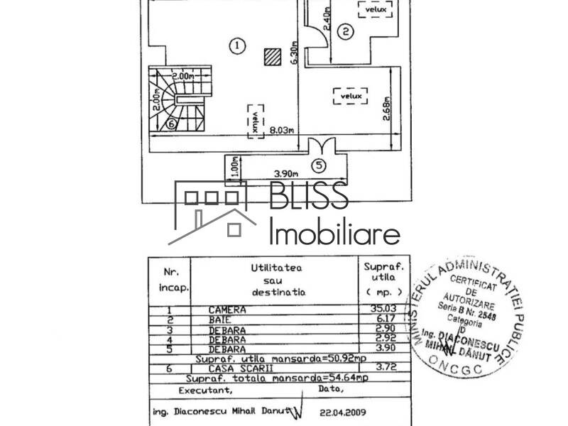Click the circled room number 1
pos(237,45)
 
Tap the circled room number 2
pos(345,31)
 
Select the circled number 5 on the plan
pos(319,166)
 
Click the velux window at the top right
pos(373,10)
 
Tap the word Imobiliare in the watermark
pos(334,232)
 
